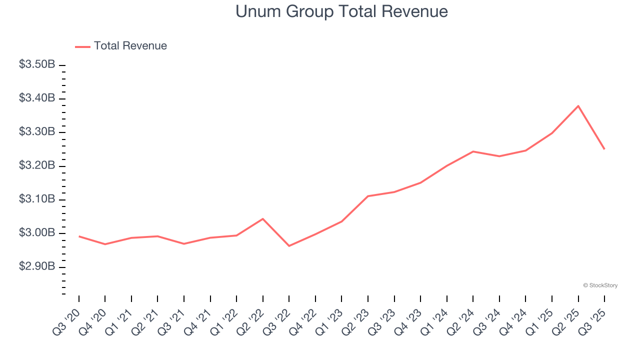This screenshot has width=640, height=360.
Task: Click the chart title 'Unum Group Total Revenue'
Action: [341, 11]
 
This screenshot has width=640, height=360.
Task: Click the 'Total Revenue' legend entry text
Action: [130, 46]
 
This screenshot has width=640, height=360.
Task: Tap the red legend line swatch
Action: [82, 46]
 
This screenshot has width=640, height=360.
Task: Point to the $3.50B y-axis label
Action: [37, 64]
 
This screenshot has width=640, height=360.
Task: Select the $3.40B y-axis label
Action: [37, 98]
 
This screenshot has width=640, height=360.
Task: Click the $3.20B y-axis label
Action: [37, 165]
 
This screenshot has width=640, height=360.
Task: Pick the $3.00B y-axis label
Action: [37, 233]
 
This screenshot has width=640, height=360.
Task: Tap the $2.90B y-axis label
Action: [37, 266]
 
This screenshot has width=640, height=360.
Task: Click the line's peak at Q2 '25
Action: [578, 106]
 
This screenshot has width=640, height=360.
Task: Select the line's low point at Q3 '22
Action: [289, 246]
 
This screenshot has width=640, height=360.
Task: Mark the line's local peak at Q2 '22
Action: [263, 218]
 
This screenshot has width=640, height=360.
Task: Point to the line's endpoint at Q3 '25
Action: [604, 149]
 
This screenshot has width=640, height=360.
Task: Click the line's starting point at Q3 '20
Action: [79, 236]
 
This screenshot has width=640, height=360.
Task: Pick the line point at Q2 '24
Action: [473, 151]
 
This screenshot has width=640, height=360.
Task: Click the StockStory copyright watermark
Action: [600, 285]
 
